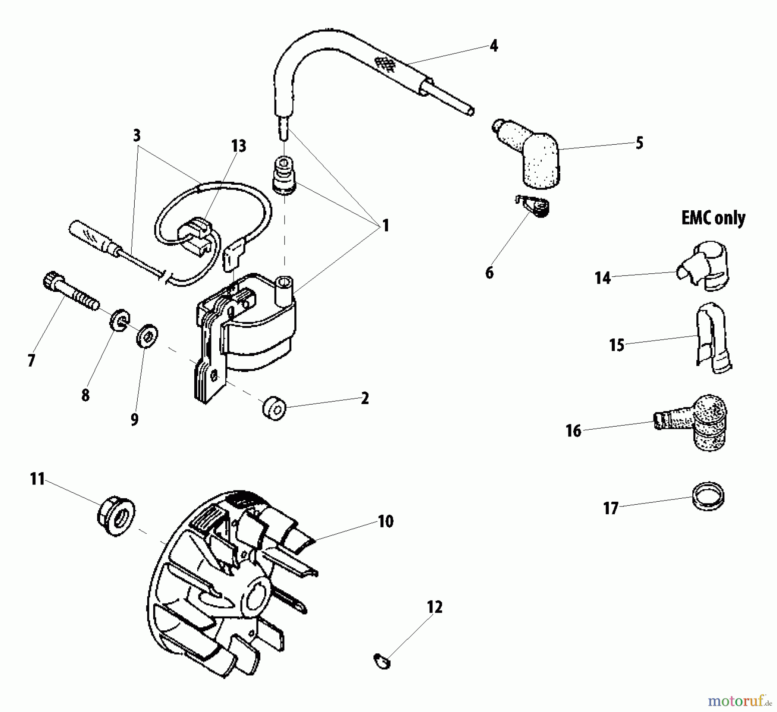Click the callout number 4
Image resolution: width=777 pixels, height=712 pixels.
coord(494,46)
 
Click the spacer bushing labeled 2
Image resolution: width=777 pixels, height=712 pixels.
coord(274,408)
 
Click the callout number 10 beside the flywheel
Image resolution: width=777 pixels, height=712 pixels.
coord(385,521)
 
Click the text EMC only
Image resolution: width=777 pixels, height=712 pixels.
coord(713,218)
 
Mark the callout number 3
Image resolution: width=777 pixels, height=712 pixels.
coord(136,136)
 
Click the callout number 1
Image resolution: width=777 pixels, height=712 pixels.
coord(385,225)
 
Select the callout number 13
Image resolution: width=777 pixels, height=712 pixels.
coord(238,146)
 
